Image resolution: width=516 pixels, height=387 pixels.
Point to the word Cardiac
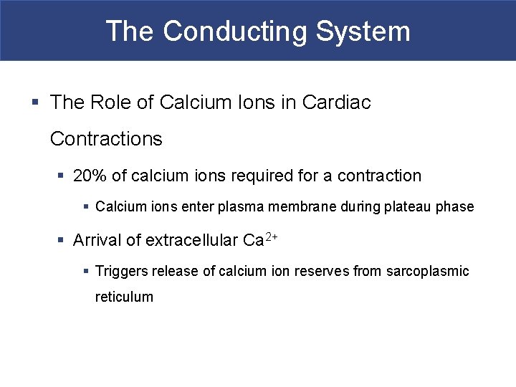point(337,102)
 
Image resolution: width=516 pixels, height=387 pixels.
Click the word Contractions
point(106,138)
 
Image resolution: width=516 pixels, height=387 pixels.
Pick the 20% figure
point(90,176)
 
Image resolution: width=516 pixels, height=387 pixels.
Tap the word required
point(272,176)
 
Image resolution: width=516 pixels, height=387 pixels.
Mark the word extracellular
point(191,240)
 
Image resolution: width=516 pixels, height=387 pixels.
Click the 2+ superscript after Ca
point(271,236)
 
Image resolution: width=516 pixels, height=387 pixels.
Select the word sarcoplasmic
point(428,271)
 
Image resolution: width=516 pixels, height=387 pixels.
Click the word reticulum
point(124,297)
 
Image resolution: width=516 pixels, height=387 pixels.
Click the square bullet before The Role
point(36,103)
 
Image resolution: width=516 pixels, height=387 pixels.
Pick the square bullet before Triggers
point(85,272)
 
